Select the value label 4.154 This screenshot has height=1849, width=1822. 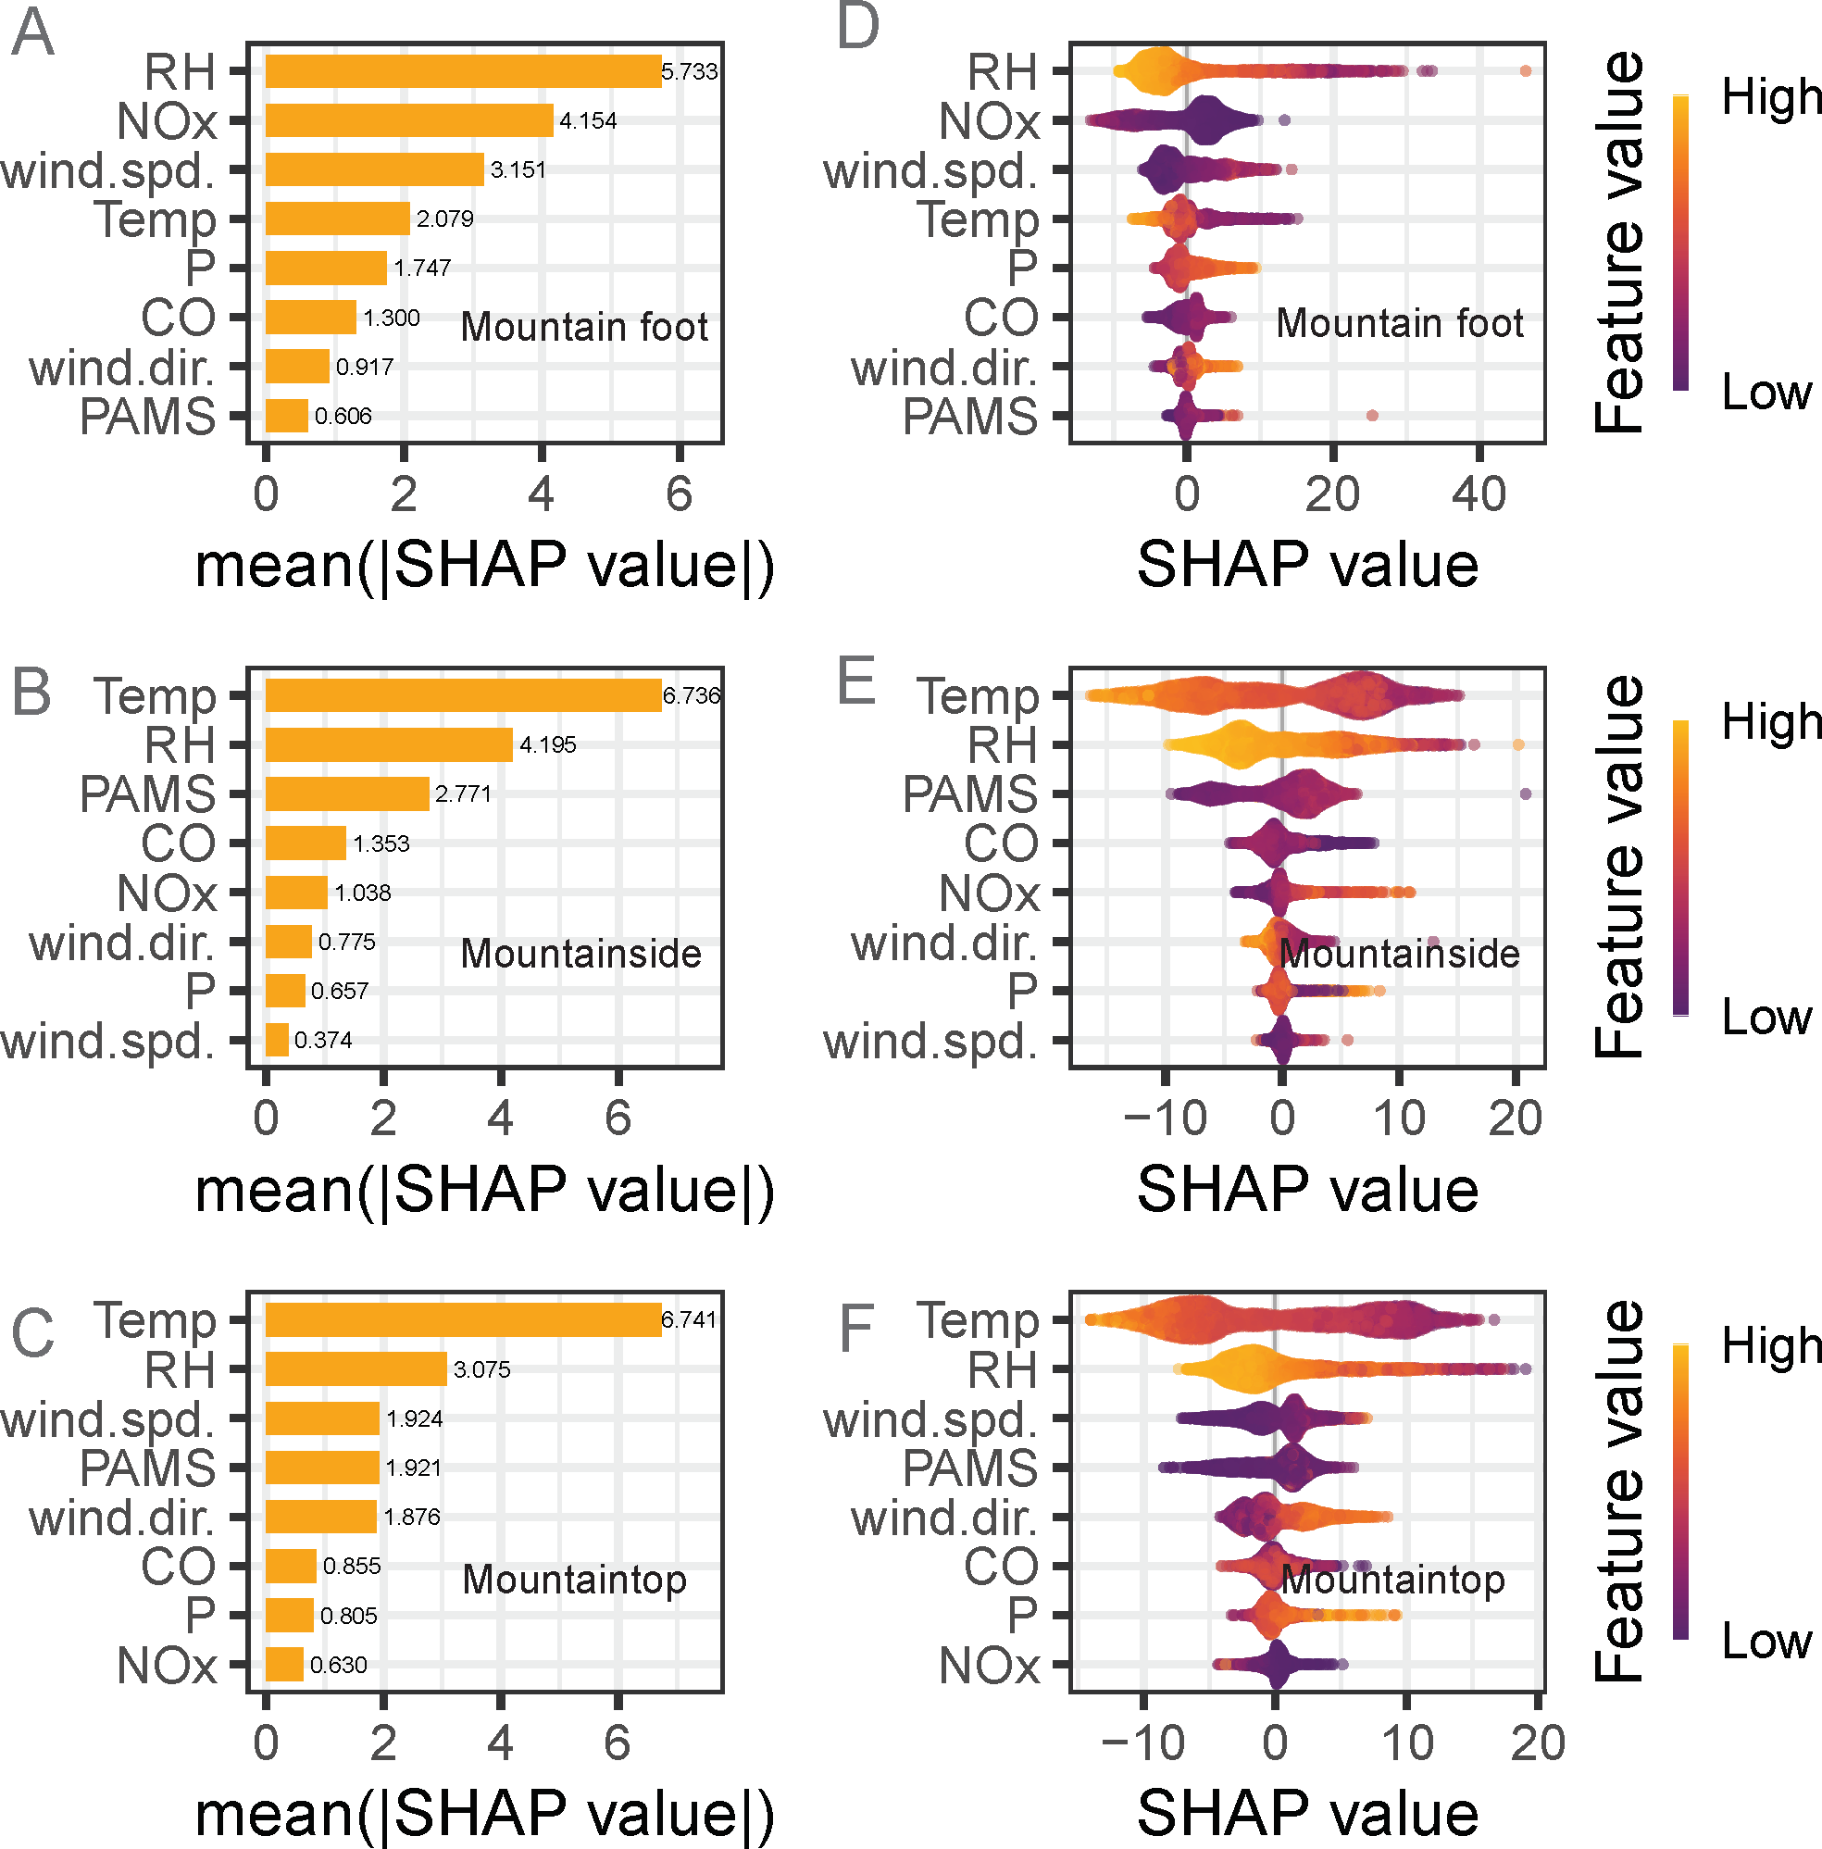[x=588, y=121]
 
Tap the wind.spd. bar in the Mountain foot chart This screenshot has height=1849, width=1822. [x=374, y=170]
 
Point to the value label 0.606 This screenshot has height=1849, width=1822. [x=343, y=417]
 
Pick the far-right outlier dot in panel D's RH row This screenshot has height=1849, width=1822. [x=1526, y=70]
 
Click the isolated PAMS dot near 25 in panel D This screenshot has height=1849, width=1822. [x=1372, y=416]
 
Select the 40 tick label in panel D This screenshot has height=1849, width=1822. [x=1479, y=494]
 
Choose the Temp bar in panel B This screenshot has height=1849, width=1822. [x=463, y=695]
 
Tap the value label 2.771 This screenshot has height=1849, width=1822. [x=463, y=794]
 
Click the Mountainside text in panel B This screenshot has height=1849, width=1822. [x=580, y=955]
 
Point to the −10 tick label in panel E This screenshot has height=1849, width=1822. [x=1164, y=1118]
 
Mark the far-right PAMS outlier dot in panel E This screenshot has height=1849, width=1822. [x=1526, y=793]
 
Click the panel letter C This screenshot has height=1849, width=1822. [x=32, y=1332]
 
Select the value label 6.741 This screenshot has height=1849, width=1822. [x=689, y=1319]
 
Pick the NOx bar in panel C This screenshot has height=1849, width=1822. [x=284, y=1665]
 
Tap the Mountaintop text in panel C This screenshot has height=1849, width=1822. [x=574, y=1580]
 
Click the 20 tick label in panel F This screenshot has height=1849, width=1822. [x=1538, y=1743]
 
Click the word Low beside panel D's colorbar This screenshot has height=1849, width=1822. [x=1766, y=393]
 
